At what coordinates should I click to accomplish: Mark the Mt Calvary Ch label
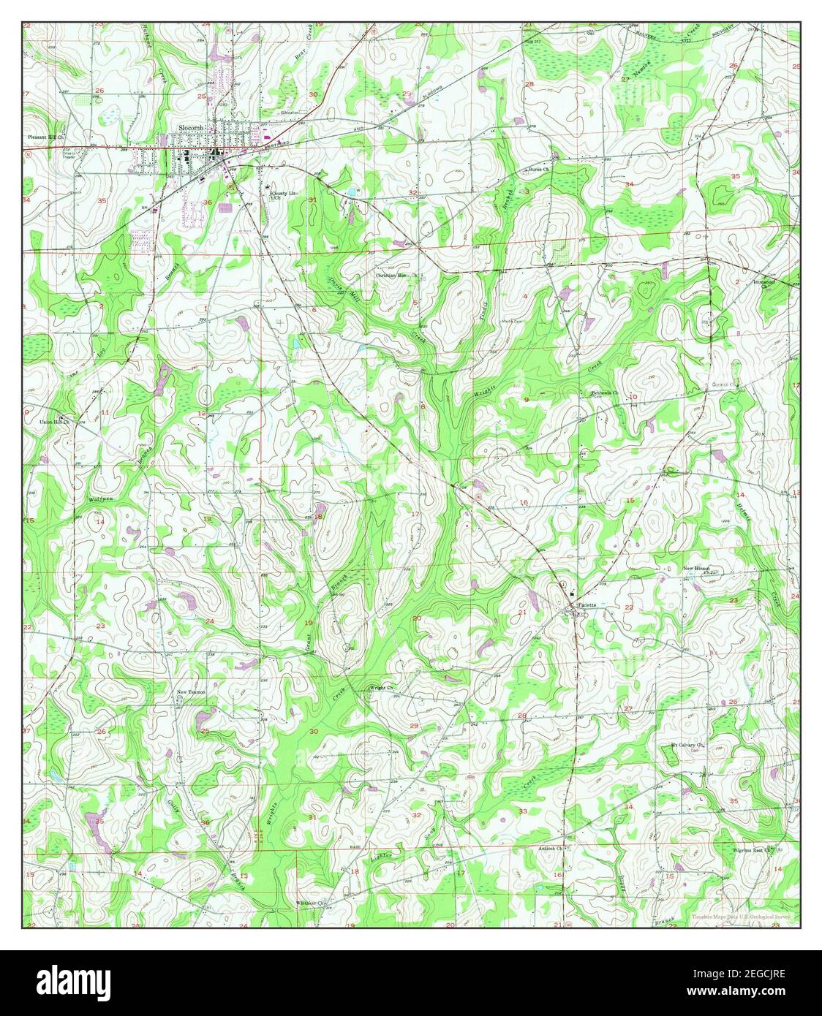click(687, 746)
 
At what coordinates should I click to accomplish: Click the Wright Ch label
click(382, 688)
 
